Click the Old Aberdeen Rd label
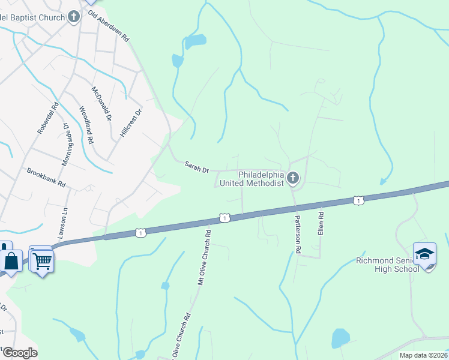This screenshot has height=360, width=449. coord(109,26)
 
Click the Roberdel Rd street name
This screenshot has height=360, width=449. coord(47,117)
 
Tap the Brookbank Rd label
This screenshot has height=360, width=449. coord(46,178)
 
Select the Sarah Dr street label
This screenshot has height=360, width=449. coord(196,167)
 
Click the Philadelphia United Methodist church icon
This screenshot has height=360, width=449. coord(293,178)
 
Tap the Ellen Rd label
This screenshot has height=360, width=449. coord(321,223)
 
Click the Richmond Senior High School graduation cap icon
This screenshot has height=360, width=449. coord(424,254)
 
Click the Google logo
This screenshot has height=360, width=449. coord(19,352)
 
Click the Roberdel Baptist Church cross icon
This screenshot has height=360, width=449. coord(74,16)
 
